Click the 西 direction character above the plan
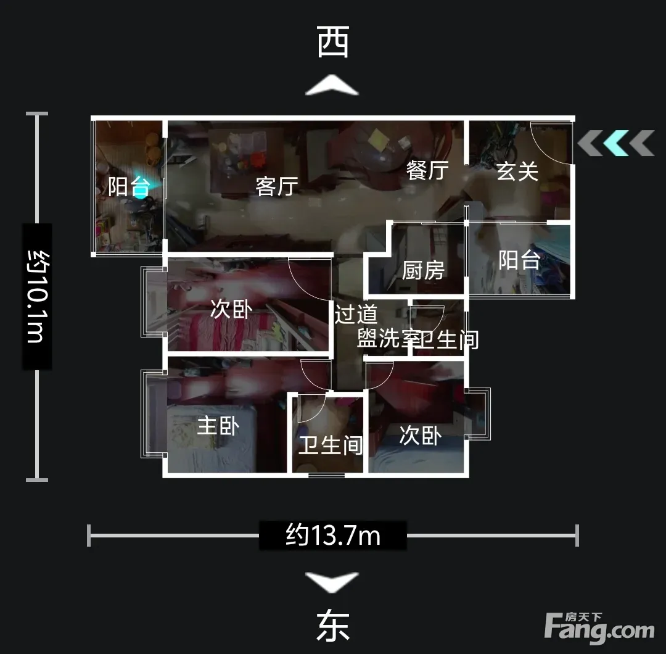coord(333,41)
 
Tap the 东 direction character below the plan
coord(333,626)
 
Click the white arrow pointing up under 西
coord(332,85)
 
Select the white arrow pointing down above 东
coord(332,582)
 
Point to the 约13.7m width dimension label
coord(333,536)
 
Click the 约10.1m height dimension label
coord(38,296)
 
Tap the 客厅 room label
coord(276,186)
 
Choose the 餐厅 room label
coord(427,170)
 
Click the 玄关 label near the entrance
coord(517,172)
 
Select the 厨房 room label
coord(423,270)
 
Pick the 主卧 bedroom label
coord(218,426)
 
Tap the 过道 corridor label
coord(356,315)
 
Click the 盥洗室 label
coord(386,339)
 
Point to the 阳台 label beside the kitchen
coord(519,260)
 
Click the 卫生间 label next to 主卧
coord(331,445)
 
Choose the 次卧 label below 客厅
coord(231,309)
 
